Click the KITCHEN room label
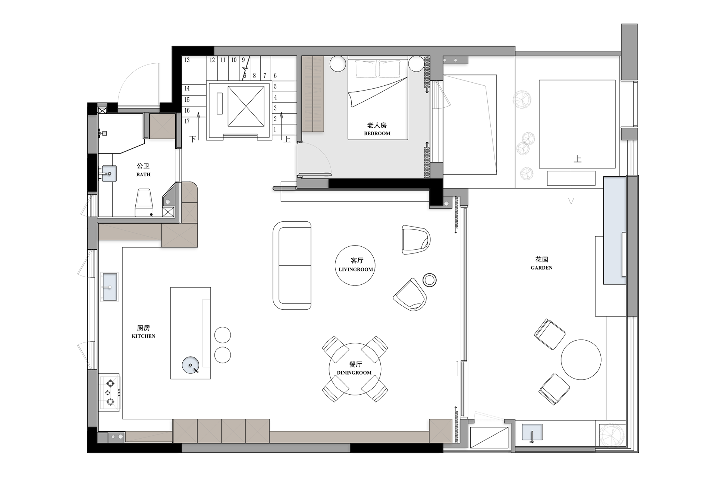[x=144, y=336]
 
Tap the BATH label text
[x=143, y=174]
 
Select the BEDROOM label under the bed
[x=377, y=133]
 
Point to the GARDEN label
[x=541, y=268]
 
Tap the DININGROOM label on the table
[x=354, y=373]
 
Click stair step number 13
[x=187, y=60]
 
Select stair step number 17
[x=187, y=121]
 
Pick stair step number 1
[x=275, y=130]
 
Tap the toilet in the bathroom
[x=144, y=203]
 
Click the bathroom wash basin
[x=109, y=174]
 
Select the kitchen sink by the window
[x=110, y=287]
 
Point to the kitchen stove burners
[x=110, y=392]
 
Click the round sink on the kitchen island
[x=191, y=365]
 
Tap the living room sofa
[x=292, y=266]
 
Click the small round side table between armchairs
[x=430, y=280]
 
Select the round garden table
[x=581, y=360]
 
